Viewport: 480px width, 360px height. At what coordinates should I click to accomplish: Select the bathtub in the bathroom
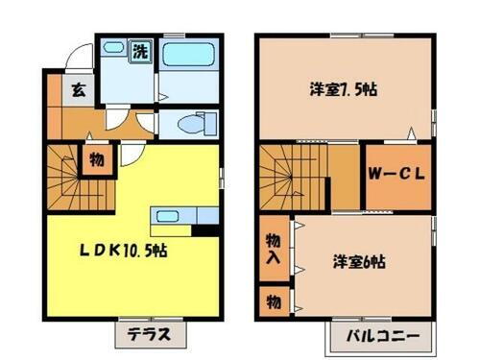[188, 69]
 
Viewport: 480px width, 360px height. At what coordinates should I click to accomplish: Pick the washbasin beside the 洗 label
[111, 47]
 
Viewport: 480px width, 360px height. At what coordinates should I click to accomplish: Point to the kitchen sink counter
[169, 216]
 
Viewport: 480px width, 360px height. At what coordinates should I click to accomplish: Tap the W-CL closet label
[396, 175]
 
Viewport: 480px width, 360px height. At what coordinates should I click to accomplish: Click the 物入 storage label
[273, 250]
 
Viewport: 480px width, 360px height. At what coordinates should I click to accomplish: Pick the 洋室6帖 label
[360, 261]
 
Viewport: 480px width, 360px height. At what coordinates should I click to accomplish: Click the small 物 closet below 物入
[273, 301]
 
